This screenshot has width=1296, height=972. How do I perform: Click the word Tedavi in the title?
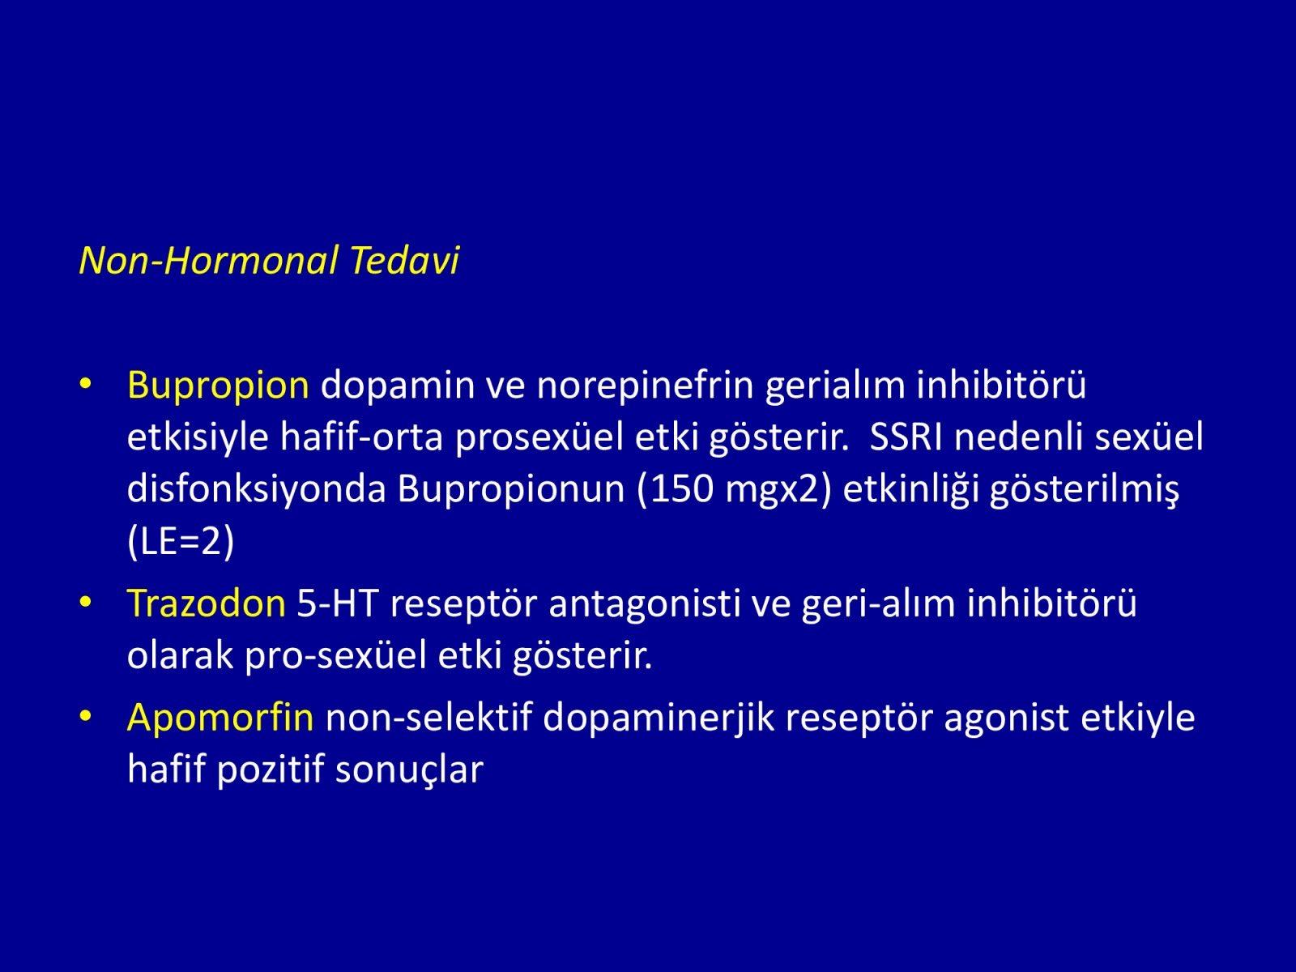pyautogui.click(x=404, y=260)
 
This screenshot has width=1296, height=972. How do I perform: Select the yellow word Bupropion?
pyautogui.click(x=218, y=386)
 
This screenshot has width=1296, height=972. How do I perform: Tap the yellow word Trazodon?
pyautogui.click(x=207, y=603)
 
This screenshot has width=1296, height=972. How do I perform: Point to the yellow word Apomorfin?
pyautogui.click(x=220, y=718)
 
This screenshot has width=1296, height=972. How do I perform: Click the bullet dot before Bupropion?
pyautogui.click(x=86, y=384)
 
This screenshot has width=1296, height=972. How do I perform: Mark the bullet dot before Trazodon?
pyautogui.click(x=86, y=602)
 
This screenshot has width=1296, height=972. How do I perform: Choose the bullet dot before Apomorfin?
pyautogui.click(x=86, y=716)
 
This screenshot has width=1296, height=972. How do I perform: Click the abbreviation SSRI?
pyautogui.click(x=906, y=437)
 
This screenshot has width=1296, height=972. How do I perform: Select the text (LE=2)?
pyautogui.click(x=181, y=542)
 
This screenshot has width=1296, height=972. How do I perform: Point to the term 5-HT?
pyautogui.click(x=337, y=603)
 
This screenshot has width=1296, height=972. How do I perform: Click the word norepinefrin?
pyautogui.click(x=645, y=386)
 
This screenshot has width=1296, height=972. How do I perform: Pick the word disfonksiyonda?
pyautogui.click(x=257, y=490)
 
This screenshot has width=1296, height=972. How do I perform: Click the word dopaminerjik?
pyautogui.click(x=659, y=718)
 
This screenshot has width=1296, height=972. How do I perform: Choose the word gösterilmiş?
pyautogui.click(x=1084, y=490)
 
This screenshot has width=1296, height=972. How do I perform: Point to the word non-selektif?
pyautogui.click(x=428, y=718)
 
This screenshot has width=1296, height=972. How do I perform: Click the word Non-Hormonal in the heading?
pyautogui.click(x=209, y=260)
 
